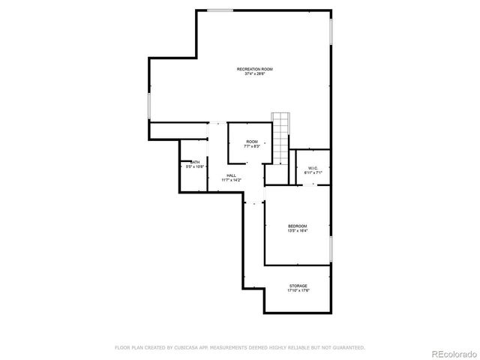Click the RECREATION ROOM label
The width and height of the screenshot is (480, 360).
coord(254,69)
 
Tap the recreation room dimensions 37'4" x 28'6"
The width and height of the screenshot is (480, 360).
coord(254,73)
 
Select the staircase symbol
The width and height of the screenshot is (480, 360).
coord(280,138)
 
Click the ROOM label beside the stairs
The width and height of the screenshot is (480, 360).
coord(252,142)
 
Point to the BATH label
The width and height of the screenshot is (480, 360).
coord(195,162)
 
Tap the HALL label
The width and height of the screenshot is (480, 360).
coord(231,175)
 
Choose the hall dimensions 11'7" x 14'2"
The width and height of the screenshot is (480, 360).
coord(231,180)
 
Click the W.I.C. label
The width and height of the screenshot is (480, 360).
coord(313,168)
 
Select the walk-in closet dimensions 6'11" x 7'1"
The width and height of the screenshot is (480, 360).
coord(313,172)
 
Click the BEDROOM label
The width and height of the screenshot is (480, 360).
coord(298,226)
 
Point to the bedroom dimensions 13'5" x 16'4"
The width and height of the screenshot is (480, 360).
coord(298,230)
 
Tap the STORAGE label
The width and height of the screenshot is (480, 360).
coord(298,286)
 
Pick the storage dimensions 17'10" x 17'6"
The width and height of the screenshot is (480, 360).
coord(298,290)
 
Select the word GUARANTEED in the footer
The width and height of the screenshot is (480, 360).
coord(347,347)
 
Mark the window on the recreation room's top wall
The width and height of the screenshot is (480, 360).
coord(220,10)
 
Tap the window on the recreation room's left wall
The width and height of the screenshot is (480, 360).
coord(149,105)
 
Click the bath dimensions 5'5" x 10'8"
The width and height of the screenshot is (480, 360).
coord(195,166)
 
